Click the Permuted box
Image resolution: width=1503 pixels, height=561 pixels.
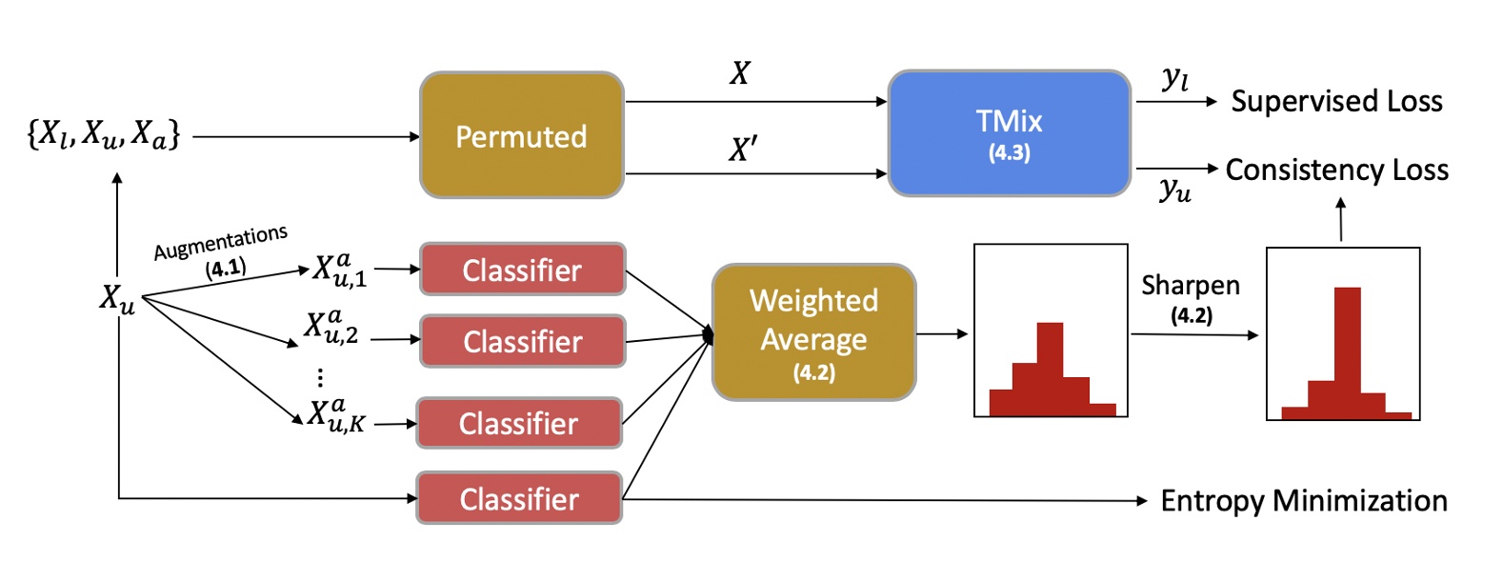[x=521, y=135]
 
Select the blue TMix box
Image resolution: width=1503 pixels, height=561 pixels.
[x=1009, y=133]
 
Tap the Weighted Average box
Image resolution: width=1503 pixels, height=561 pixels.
[x=813, y=332]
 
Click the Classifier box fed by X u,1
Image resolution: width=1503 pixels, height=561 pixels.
[x=522, y=270]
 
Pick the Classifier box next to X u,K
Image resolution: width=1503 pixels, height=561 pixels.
[x=519, y=423]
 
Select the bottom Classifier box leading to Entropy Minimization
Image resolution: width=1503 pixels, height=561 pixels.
[x=519, y=498]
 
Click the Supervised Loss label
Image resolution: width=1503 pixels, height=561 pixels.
[x=1335, y=101]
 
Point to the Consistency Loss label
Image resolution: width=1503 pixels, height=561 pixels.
[x=1336, y=170]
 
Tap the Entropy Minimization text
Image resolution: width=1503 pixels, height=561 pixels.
[x=1303, y=500]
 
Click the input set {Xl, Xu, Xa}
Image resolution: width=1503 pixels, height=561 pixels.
[x=103, y=134]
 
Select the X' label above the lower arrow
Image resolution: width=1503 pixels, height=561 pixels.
[x=743, y=149]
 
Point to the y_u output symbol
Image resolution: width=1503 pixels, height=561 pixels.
[x=1175, y=190]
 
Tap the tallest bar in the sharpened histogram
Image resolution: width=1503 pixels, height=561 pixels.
[x=1347, y=348]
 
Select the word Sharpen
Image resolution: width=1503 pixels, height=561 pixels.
[x=1190, y=285]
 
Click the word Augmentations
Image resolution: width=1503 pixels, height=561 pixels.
[x=220, y=242]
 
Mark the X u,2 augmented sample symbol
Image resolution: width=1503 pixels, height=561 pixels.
[x=331, y=326]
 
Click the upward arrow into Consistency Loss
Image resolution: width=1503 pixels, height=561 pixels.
[x=1341, y=218]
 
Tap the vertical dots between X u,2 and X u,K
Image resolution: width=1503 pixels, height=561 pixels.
[x=320, y=377]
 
